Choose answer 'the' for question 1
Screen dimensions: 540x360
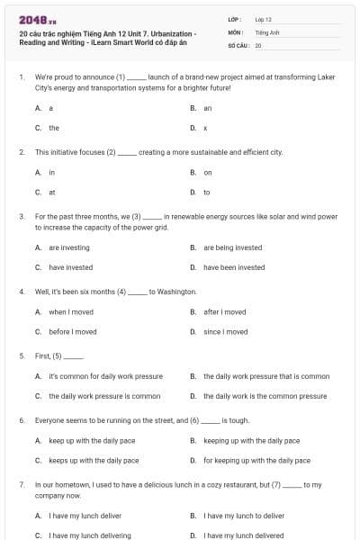pyautogui.click(x=54, y=128)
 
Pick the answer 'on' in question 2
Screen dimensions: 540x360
pyautogui.click(x=208, y=172)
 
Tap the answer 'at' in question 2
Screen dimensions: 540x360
pyautogui.click(x=52, y=192)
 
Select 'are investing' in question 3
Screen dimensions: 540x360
pyautogui.click(x=69, y=247)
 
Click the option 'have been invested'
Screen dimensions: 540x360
pyautogui.click(x=234, y=267)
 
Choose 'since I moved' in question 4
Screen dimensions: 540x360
pyautogui.click(x=225, y=332)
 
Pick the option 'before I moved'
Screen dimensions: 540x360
pyautogui.click(x=73, y=332)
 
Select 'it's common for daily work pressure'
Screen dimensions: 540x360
pyautogui.click(x=105, y=376)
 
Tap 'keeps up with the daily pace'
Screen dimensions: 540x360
pyautogui.click(x=94, y=461)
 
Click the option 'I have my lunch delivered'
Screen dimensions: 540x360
pyautogui.click(x=244, y=535)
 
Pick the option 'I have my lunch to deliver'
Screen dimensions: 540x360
pyautogui.click(x=244, y=516)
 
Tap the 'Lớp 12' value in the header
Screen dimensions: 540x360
pyautogui.click(x=264, y=18)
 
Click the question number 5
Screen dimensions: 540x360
pyautogui.click(x=21, y=355)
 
